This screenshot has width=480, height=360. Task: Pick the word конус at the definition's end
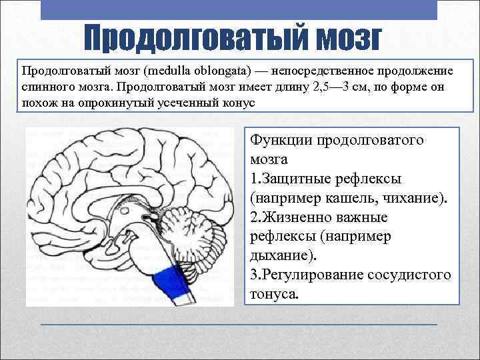(239, 103)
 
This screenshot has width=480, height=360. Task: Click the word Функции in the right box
(281, 141)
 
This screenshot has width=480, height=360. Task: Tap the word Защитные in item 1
(297, 179)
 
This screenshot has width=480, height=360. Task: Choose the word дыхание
(280, 256)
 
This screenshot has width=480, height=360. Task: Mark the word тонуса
(274, 294)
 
